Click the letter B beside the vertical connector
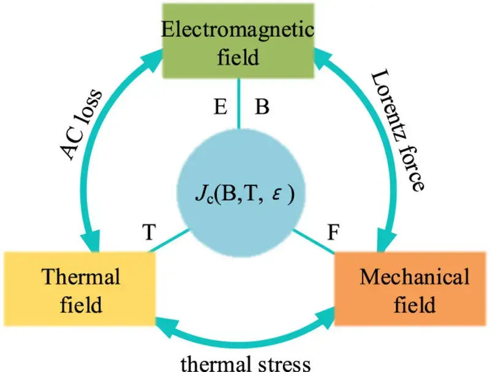tap(262, 106)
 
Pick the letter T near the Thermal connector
tap(148, 232)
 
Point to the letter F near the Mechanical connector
tap(336, 233)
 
